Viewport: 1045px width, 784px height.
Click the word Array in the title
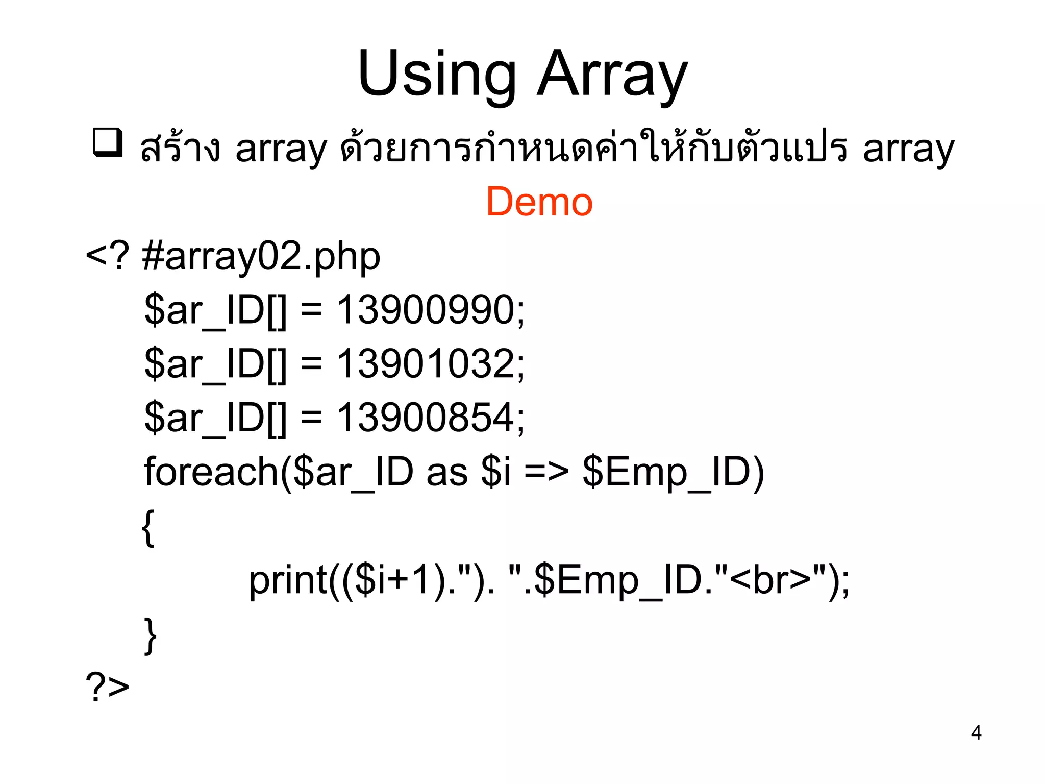[x=612, y=74]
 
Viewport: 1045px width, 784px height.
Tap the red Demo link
[x=539, y=202]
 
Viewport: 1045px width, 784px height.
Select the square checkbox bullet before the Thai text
[x=108, y=142]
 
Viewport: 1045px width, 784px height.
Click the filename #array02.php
[x=261, y=257]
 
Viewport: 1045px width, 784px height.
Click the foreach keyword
[x=211, y=472]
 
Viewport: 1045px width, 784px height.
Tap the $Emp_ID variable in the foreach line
[x=673, y=473]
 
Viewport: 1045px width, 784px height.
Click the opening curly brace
[x=148, y=528]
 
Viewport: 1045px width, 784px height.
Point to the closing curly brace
[x=150, y=635]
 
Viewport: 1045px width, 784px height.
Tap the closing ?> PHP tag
[x=108, y=687]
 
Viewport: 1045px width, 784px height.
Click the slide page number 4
[x=976, y=733]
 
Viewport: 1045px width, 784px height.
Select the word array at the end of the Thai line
[x=908, y=149]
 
